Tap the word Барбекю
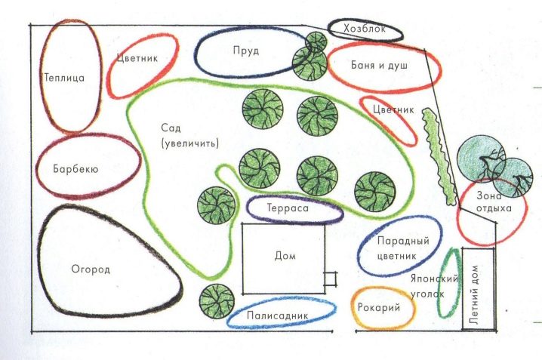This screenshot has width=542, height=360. pos(76,168)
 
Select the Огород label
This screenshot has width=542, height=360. pos(91,269)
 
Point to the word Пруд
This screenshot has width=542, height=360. pos(246,51)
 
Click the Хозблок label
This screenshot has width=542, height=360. pos(365,29)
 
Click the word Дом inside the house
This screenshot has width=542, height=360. pos(285,257)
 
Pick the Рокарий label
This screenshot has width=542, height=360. pos(383,307)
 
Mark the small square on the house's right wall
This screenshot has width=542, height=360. pos(330,278)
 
